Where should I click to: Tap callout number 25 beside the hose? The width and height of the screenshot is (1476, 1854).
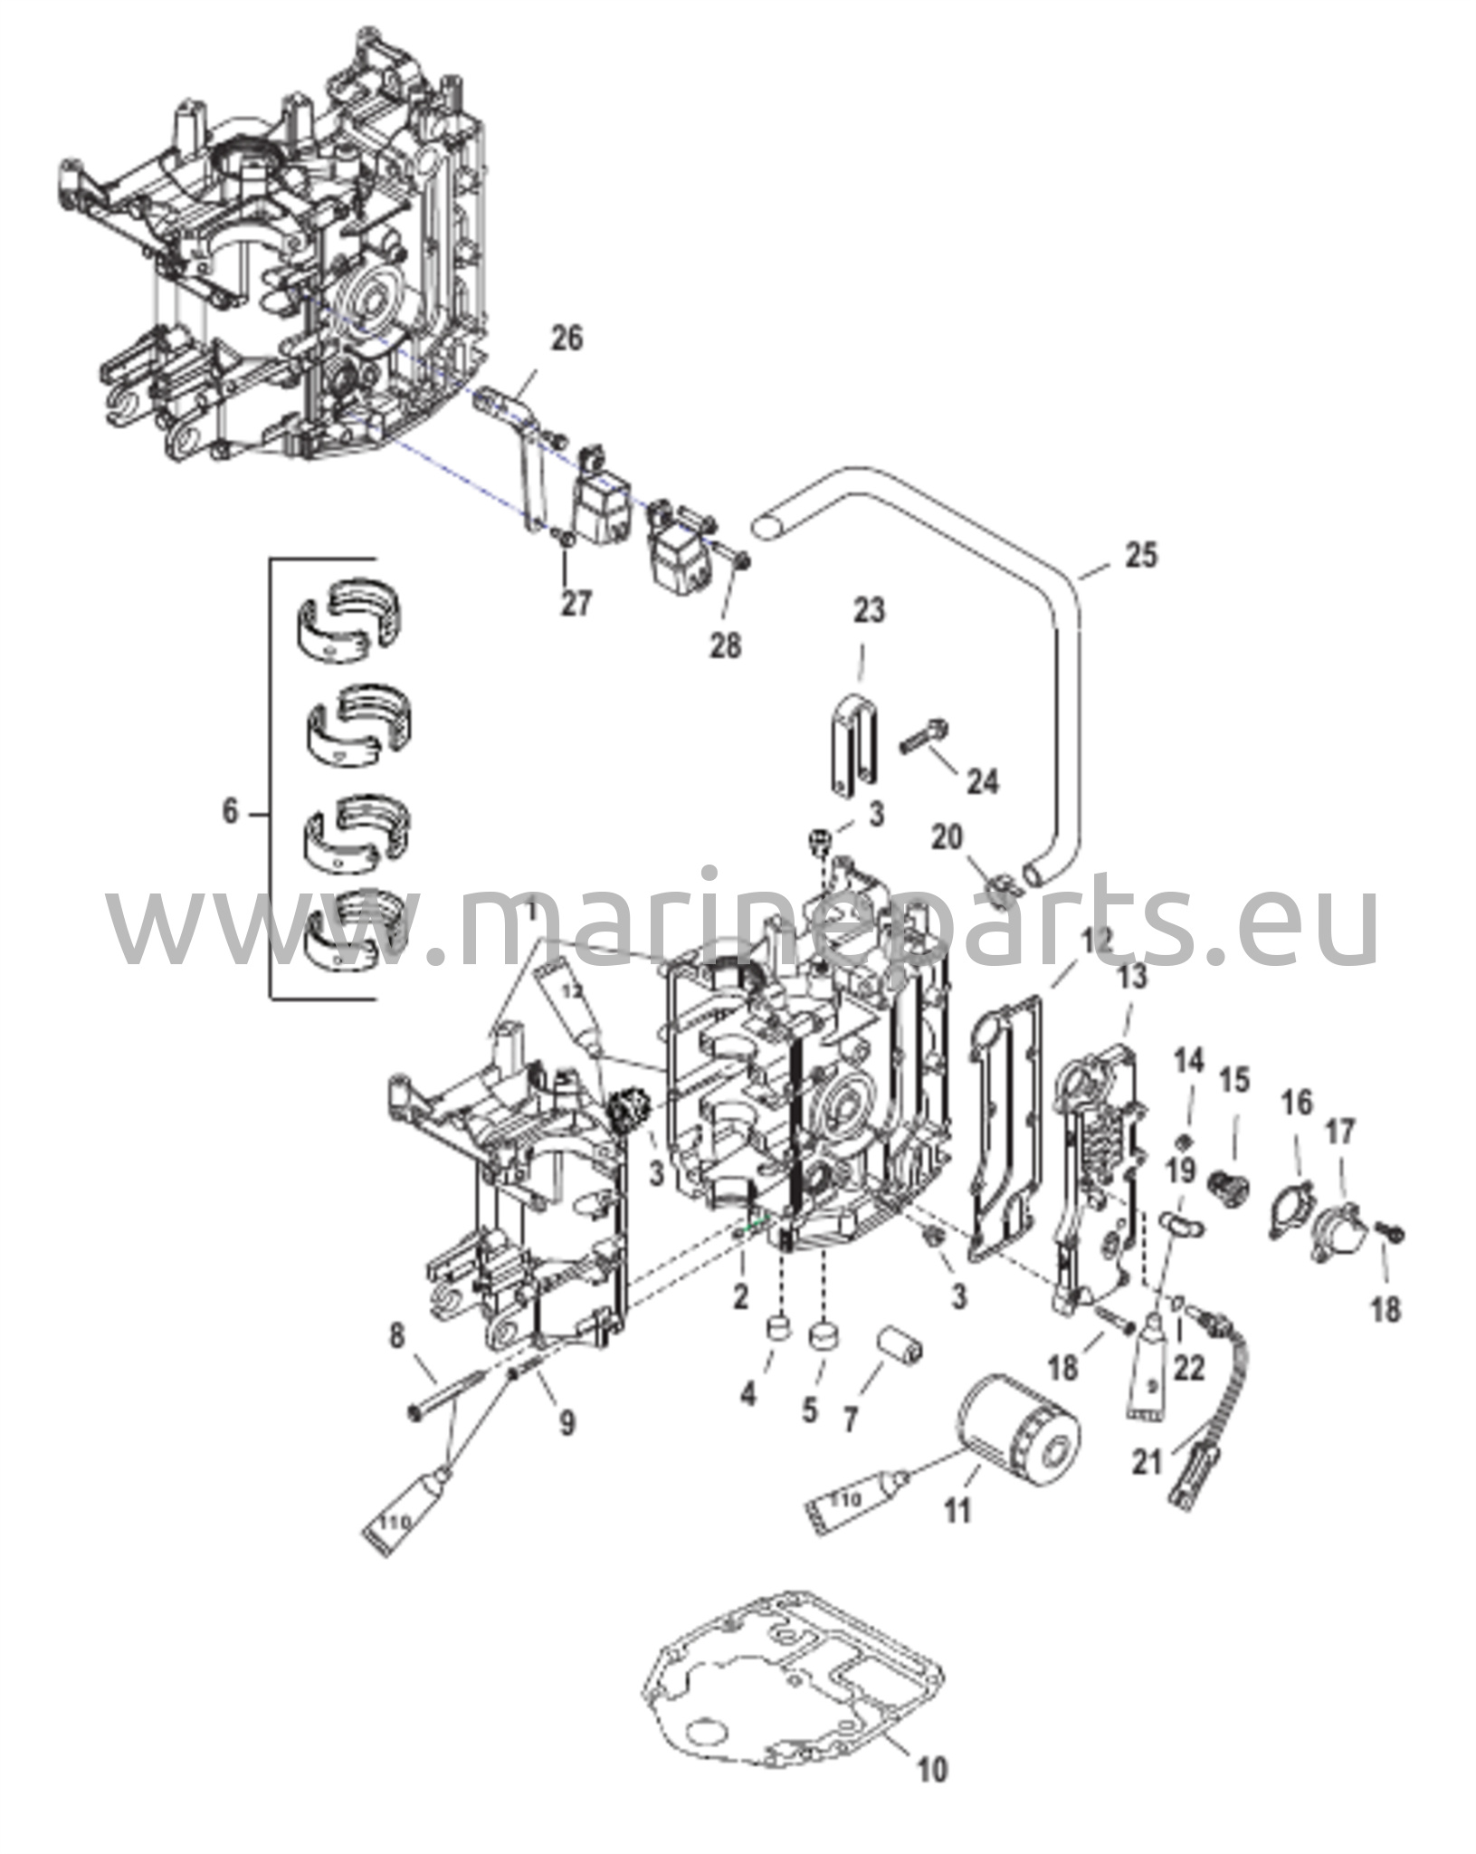[1141, 555]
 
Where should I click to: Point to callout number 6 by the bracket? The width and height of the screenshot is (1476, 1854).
[231, 812]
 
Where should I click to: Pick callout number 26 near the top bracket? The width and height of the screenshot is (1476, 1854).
[567, 339]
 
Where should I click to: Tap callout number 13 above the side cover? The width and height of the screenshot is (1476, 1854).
[1132, 977]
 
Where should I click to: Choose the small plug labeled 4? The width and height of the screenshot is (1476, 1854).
[777, 1331]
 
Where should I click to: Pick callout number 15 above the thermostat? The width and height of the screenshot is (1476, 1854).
[1234, 1079]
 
